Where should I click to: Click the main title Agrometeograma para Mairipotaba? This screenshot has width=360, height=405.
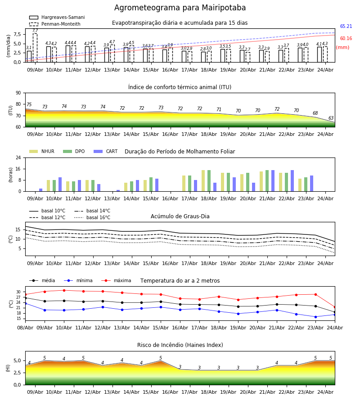(180, 8)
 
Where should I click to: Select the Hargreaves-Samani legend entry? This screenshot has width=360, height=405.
(57, 17)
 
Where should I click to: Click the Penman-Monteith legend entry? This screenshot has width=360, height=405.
(55, 24)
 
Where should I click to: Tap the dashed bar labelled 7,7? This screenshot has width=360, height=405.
(35, 48)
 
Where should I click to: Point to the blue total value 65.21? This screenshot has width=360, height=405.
(346, 27)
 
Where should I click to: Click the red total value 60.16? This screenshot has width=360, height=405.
(346, 39)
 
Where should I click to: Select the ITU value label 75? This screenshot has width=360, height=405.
(29, 104)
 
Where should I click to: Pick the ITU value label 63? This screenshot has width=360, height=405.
(331, 118)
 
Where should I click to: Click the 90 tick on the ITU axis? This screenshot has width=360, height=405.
(18, 93)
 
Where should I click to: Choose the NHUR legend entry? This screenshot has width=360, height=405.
(41, 151)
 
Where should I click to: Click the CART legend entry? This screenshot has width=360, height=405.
(105, 151)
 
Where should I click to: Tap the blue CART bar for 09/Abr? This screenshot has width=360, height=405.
(41, 190)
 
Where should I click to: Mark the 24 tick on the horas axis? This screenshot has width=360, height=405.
(18, 158)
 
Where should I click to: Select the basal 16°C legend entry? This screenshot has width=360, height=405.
(92, 218)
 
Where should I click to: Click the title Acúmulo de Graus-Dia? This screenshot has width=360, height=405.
(180, 216)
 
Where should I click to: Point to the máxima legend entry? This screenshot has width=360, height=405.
(116, 280)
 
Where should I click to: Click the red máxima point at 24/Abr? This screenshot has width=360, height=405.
(335, 307)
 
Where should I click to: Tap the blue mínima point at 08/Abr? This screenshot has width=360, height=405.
(25, 303)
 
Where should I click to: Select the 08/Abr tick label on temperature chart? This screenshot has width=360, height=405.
(25, 328)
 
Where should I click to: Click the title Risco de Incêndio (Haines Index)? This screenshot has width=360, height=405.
(180, 345)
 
